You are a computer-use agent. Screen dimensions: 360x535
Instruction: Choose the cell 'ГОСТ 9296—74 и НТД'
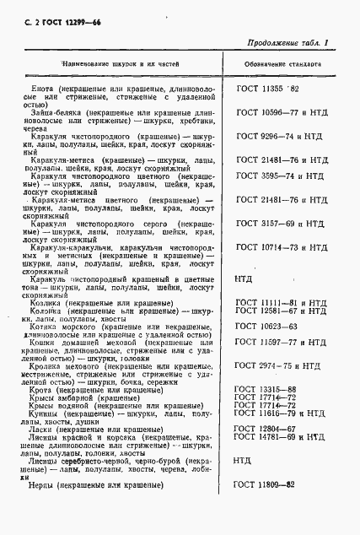point(280,134)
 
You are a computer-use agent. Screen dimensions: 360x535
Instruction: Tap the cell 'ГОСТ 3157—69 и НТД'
point(280,224)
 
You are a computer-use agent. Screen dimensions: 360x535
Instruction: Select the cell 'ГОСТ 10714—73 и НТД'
point(282,247)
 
